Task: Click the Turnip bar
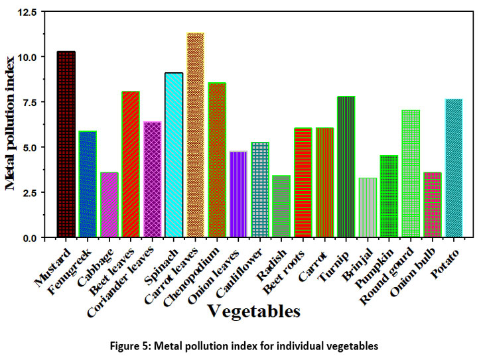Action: (x=346, y=166)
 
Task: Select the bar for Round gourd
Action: (x=411, y=173)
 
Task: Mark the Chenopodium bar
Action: (x=217, y=160)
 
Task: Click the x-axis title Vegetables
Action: (x=253, y=310)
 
